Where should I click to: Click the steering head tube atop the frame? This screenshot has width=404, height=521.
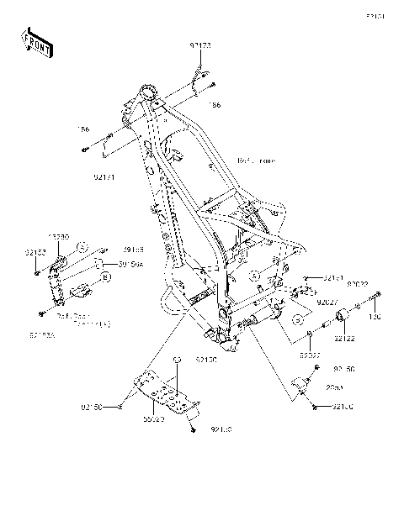151,91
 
